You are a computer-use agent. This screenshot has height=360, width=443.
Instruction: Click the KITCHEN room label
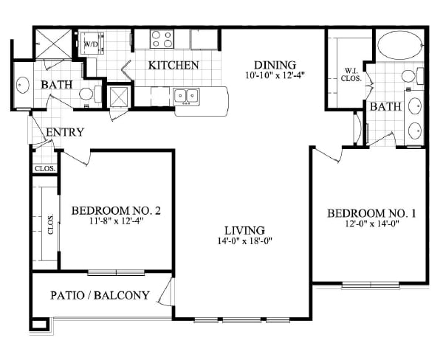pos(174,66)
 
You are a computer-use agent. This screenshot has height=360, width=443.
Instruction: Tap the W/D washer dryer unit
pos(92,44)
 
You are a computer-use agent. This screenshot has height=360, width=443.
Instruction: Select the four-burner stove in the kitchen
pos(162,38)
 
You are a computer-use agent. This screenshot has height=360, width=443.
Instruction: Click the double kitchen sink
pos(187,97)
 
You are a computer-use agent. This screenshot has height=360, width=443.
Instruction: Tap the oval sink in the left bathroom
pos(23,85)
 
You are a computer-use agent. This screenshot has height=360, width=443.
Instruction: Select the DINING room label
pos(275,65)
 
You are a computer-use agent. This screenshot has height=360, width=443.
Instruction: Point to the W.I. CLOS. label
pos(351,75)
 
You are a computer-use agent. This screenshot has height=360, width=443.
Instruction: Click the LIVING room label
pos(244,231)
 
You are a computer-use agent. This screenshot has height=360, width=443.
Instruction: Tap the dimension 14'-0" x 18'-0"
pos(244,240)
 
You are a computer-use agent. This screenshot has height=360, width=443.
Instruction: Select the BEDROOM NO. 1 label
pos(371,213)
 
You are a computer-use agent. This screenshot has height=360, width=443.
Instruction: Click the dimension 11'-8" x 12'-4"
pos(115,221)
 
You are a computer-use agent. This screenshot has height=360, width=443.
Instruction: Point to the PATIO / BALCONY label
pos(100,295)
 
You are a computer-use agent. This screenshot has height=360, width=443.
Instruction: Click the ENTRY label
pos(65,132)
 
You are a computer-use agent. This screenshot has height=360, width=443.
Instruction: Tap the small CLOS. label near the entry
pos(44,169)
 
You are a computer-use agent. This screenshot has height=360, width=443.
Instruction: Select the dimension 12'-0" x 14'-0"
pos(372,224)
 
